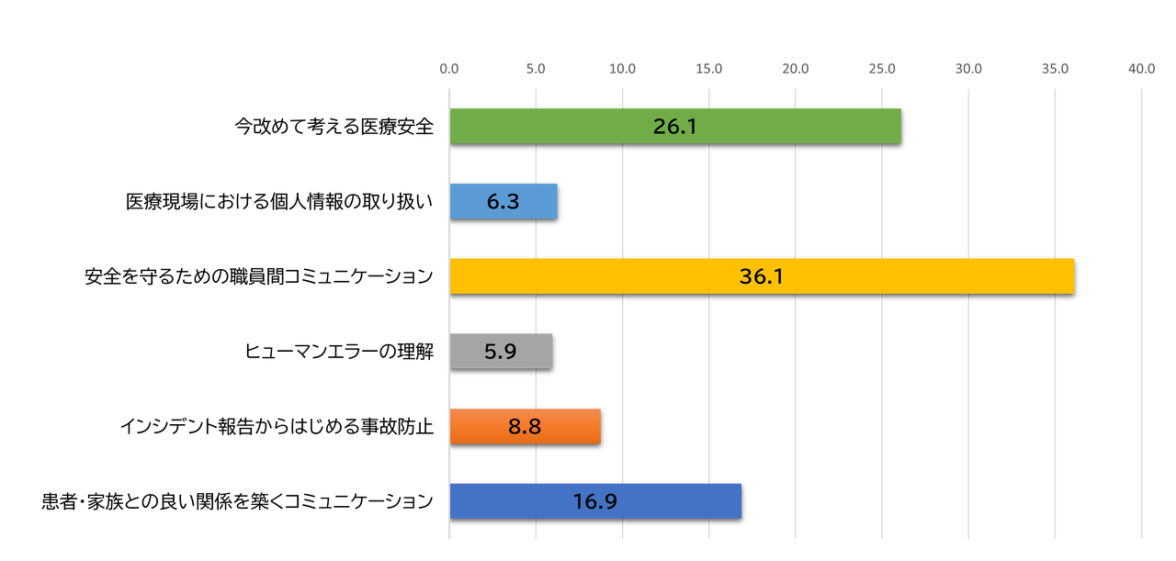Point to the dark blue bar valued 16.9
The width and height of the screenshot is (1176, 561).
(661, 500)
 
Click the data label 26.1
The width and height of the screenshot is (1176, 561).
(675, 127)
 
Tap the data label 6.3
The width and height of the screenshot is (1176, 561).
(503, 202)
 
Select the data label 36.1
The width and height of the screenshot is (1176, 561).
(762, 276)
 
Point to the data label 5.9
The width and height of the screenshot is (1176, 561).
(501, 352)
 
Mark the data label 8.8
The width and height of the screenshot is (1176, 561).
(525, 427)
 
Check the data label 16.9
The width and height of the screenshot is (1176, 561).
(595, 501)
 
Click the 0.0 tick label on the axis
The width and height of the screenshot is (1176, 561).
(449, 69)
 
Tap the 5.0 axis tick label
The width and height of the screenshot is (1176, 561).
(536, 69)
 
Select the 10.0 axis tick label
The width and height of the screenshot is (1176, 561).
(622, 69)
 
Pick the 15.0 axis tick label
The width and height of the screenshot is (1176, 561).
(709, 69)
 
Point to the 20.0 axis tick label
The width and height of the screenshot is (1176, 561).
(796, 69)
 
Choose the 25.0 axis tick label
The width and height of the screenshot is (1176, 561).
(882, 69)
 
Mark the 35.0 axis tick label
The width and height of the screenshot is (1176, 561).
(1055, 69)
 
